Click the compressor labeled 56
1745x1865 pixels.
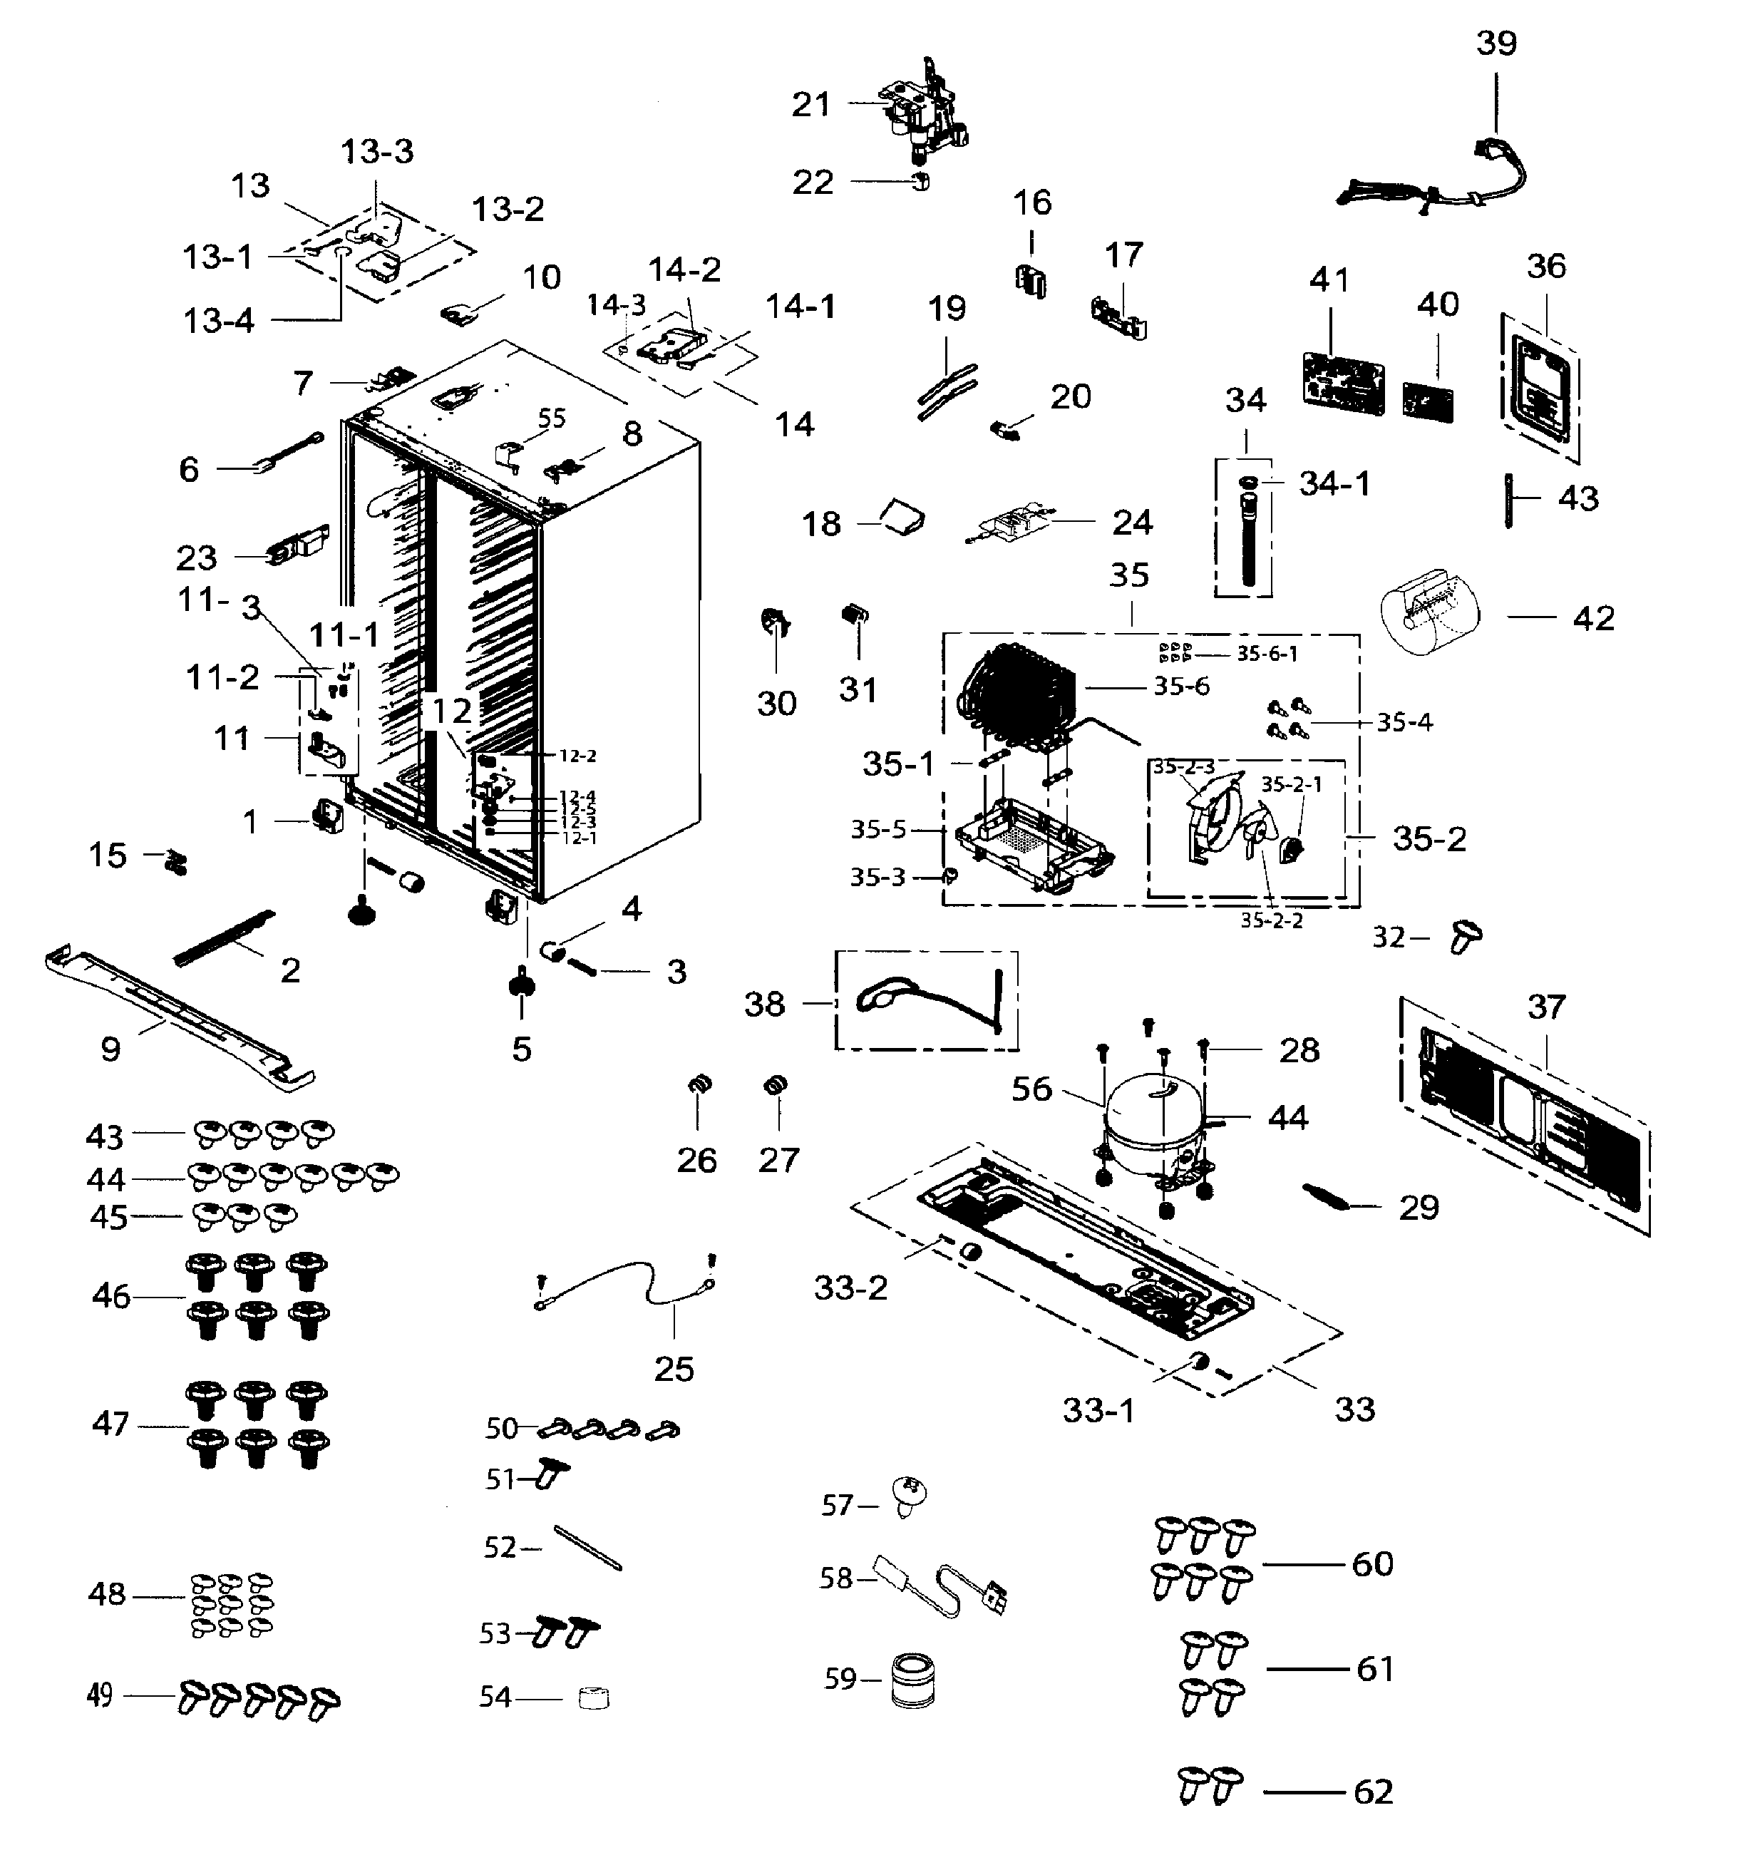[1152, 1126]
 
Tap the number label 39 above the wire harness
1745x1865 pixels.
[1496, 43]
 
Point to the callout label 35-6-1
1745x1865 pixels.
[1267, 654]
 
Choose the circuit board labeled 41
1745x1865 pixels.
[1344, 383]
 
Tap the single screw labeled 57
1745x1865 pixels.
[909, 1496]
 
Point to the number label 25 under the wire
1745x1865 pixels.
[674, 1369]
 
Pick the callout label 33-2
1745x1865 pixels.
[850, 1288]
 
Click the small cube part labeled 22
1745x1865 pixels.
[920, 181]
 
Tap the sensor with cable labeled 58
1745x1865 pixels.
[938, 1586]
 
